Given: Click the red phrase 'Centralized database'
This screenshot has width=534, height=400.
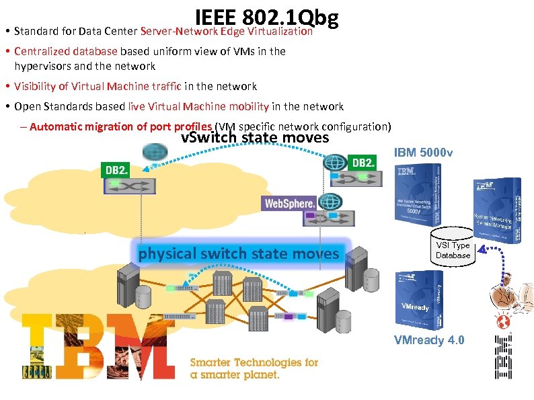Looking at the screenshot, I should (x=66, y=51).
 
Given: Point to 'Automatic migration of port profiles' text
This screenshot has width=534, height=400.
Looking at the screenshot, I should (x=121, y=126).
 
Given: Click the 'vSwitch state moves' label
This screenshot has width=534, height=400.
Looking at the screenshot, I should (x=255, y=138).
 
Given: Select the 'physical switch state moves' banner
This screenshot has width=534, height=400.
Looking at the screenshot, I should (x=239, y=253).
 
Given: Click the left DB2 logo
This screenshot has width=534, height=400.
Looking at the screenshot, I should (x=116, y=170).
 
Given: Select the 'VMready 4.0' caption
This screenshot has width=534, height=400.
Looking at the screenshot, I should (x=428, y=340).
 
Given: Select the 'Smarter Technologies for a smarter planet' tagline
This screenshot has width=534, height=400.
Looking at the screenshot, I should (x=254, y=368).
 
